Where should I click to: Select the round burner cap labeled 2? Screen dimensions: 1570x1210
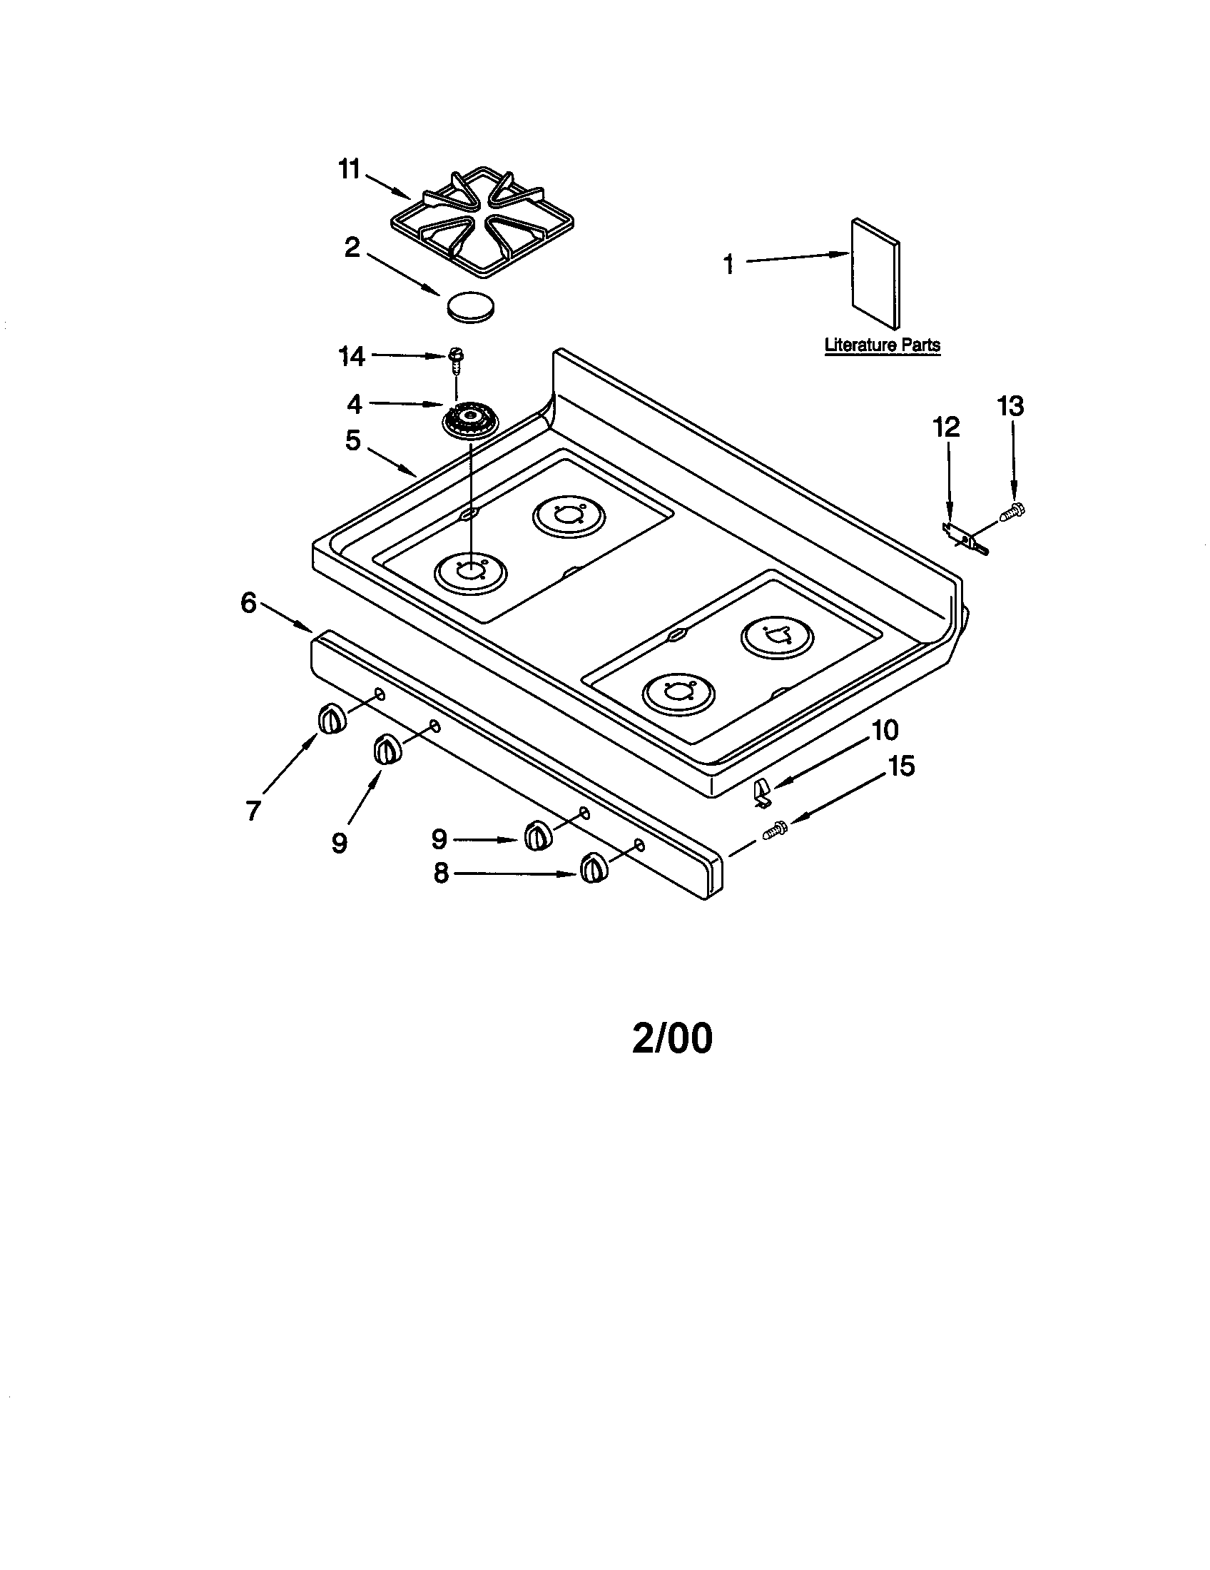471,307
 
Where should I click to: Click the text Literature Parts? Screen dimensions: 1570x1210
882,345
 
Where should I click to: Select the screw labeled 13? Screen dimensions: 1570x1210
1013,512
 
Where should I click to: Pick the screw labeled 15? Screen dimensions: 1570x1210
774,832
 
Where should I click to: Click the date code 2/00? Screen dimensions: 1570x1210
672,1038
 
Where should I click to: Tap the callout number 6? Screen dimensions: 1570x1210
248,603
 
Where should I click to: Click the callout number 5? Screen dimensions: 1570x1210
352,440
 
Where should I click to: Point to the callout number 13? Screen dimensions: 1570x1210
1010,407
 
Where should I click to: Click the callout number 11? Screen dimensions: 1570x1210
348,171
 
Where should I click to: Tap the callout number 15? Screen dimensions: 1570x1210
902,766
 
